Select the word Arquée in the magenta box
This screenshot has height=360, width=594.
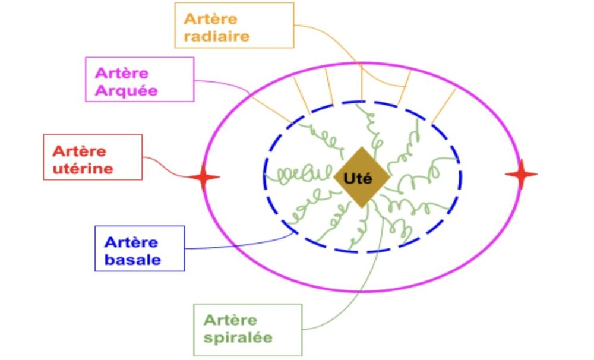click(x=122, y=91)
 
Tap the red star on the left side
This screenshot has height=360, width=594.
click(x=204, y=178)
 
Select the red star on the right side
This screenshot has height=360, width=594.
click(x=521, y=174)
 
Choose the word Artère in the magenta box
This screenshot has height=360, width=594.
click(x=122, y=74)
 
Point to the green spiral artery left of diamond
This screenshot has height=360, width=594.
click(x=297, y=175)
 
